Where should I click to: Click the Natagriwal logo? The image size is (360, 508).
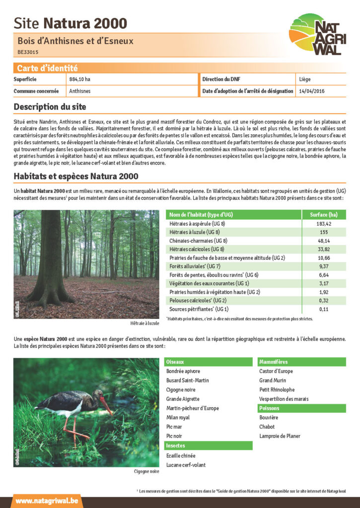317,34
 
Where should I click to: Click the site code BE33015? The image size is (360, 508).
28,52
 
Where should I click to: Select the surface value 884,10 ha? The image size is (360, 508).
80,79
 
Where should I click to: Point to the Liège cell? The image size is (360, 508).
305,79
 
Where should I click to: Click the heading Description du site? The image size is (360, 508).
50,107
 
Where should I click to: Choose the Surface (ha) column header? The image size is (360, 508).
324,214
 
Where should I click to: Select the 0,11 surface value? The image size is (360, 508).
324,309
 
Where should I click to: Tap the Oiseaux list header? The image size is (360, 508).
175,362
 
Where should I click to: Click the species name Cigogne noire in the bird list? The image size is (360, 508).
181,390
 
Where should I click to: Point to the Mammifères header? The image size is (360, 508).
274,362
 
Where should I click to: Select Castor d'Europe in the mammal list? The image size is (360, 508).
276,371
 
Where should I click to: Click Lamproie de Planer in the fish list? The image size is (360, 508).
280,436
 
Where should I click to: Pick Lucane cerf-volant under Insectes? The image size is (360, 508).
186,465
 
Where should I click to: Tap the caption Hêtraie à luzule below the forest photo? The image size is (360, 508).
144,323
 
